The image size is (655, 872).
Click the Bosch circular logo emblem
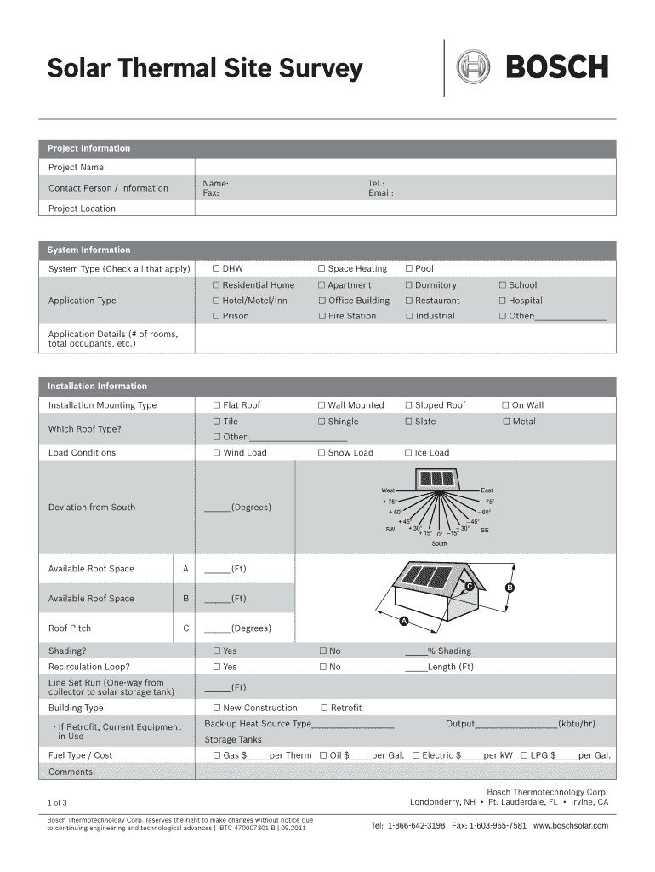(474, 66)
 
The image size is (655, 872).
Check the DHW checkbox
(216, 269)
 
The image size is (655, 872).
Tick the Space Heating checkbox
(322, 269)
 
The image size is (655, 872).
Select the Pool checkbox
(409, 269)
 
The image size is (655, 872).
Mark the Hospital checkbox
(503, 301)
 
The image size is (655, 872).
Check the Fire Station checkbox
(322, 316)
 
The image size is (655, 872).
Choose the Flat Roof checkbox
(216, 405)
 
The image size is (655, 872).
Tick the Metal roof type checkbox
(506, 422)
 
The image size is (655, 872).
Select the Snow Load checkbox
(322, 453)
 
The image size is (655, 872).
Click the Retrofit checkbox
(324, 708)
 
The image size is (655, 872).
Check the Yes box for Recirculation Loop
(216, 667)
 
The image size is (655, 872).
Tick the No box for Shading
(322, 651)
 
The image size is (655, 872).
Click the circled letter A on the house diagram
(405, 620)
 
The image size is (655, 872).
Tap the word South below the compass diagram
(439, 543)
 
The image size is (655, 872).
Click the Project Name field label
(76, 168)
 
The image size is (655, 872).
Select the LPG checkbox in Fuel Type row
(524, 755)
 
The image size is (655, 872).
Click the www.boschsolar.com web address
(571, 826)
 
